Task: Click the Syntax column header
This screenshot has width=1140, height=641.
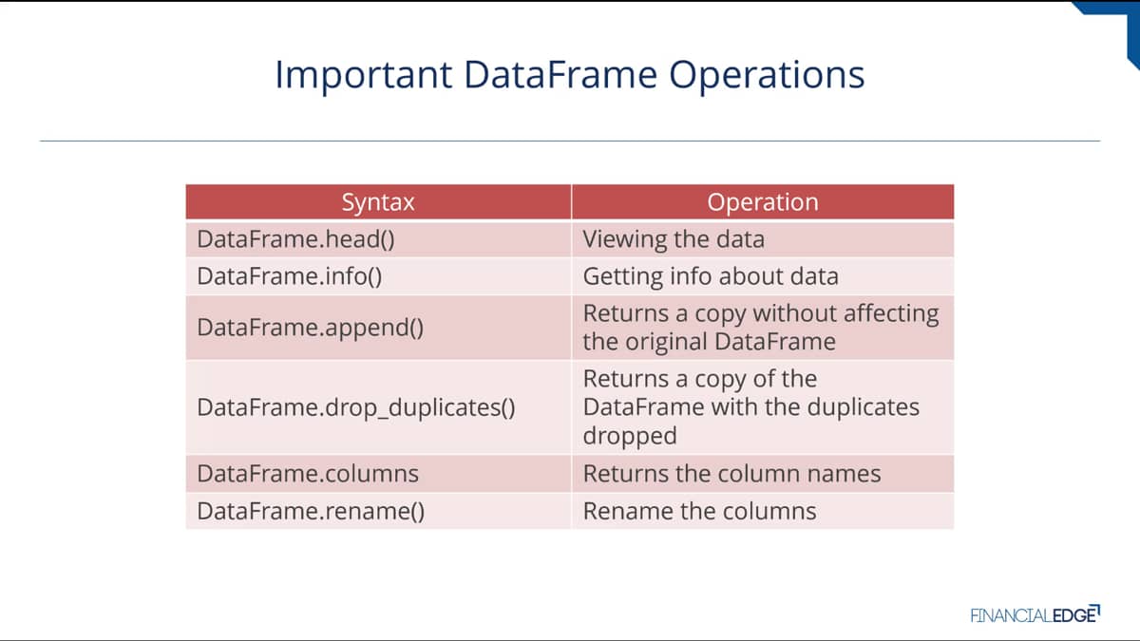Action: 378,202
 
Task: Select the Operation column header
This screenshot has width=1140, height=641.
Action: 763,202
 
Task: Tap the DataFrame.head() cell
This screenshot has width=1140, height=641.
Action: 378,239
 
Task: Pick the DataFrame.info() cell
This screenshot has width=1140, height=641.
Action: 378,276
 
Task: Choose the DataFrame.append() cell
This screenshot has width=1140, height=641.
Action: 378,327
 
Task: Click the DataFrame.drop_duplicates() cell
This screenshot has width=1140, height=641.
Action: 378,407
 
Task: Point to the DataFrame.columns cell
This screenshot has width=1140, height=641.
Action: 378,474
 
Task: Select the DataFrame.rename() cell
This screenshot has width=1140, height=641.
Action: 378,511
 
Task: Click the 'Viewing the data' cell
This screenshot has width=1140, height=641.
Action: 763,239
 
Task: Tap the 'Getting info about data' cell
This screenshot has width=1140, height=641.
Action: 763,276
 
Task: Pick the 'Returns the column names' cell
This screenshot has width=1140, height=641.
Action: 763,474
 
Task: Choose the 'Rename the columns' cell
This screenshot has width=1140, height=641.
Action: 763,511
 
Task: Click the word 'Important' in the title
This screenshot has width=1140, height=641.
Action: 363,75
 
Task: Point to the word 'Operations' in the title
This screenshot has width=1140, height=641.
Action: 767,75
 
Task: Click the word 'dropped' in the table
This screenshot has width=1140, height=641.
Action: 630,436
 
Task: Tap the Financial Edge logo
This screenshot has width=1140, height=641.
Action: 1035,614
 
